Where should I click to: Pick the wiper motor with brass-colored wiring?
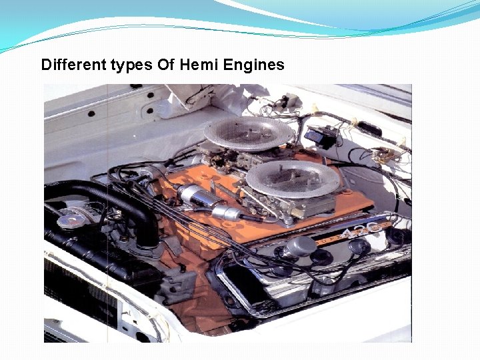tap(385, 155)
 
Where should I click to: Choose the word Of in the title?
tap(165, 65)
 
